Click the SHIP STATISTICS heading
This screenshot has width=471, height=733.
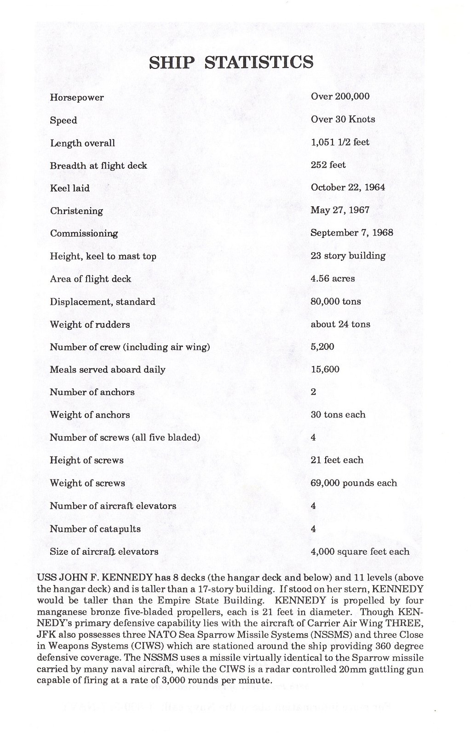[x=231, y=62]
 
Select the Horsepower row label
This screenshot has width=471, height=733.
[x=77, y=97]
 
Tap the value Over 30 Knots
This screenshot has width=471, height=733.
[x=343, y=119]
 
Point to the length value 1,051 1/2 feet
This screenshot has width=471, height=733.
[x=340, y=142]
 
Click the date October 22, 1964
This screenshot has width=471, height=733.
[x=348, y=187]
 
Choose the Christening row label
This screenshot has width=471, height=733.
[x=76, y=211]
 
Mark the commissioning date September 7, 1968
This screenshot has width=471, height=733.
[x=352, y=232]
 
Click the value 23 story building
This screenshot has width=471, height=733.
[x=348, y=255]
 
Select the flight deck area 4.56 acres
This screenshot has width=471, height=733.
[x=333, y=278]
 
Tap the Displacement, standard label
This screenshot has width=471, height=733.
[x=103, y=302]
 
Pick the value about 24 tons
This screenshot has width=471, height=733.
[x=340, y=324]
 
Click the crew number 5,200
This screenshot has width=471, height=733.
[x=322, y=347]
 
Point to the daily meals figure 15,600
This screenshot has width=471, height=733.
[x=325, y=369]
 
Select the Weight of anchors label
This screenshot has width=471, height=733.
[x=90, y=415]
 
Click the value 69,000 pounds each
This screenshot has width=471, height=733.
[x=354, y=483]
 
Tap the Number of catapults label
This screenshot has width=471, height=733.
[x=95, y=529]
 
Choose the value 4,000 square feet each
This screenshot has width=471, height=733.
[x=360, y=552]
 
